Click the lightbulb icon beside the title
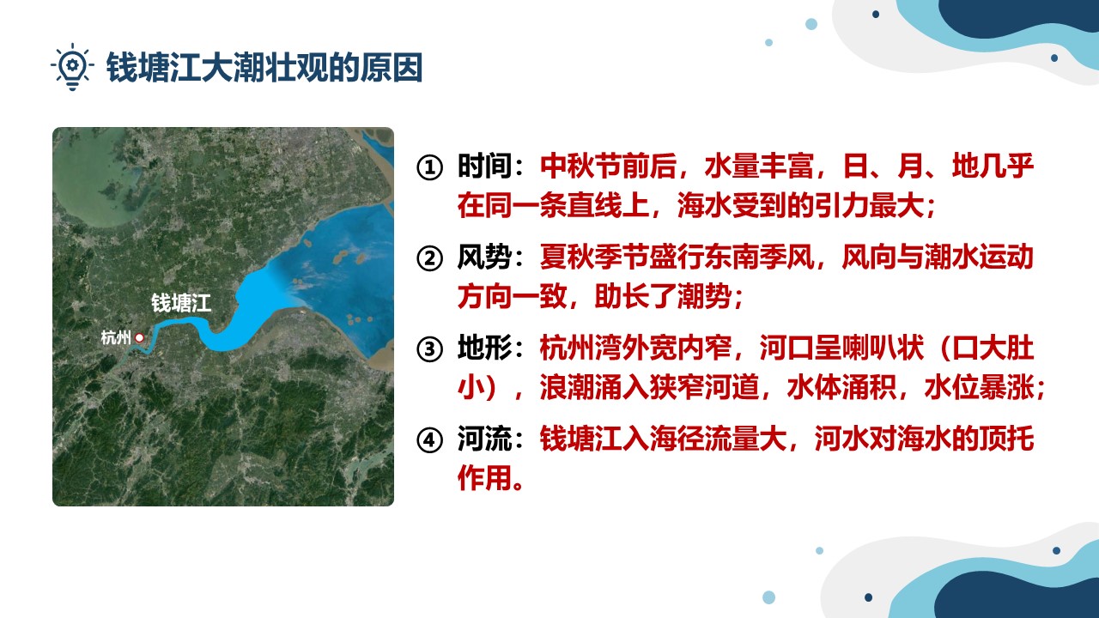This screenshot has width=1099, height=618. [72, 67]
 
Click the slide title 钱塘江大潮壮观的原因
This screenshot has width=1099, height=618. [264, 67]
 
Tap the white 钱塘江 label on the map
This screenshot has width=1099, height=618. [181, 303]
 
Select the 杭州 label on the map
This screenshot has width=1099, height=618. [116, 337]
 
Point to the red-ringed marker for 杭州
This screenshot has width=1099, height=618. [139, 337]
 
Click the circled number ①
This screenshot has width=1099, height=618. [429, 167]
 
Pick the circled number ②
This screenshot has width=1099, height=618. [429, 258]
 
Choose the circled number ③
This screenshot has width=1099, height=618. [429, 349]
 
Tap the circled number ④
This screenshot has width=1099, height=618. [429, 440]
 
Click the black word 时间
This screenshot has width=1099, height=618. [485, 166]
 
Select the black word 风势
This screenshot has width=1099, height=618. [485, 257]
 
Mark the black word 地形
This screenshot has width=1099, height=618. [485, 348]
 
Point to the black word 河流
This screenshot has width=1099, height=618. [485, 438]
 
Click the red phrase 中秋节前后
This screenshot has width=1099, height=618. [609, 166]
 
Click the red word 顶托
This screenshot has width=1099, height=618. [1007, 438]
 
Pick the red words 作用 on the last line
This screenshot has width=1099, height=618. [485, 477]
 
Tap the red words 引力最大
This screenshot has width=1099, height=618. [870, 205]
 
